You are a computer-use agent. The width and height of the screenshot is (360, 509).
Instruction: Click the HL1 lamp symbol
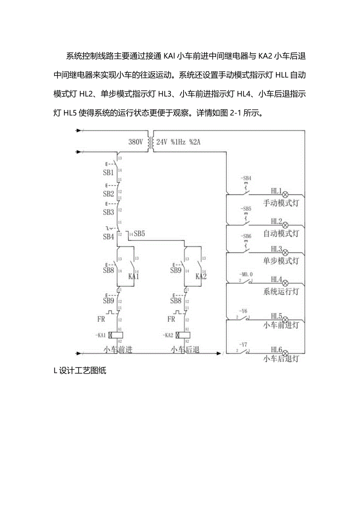(x=285, y=194)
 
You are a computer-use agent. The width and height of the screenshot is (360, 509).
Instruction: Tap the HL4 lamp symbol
(x=285, y=282)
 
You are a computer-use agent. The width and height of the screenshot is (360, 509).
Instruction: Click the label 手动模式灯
(x=281, y=203)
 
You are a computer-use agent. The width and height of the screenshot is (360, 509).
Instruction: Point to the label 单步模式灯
(x=281, y=261)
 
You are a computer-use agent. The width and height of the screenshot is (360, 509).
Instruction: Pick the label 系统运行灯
(x=281, y=291)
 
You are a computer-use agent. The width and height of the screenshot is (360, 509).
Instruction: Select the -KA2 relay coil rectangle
(x=183, y=335)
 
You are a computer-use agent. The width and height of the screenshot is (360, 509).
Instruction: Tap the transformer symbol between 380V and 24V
(x=150, y=141)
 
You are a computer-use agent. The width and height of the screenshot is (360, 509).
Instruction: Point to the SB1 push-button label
(x=108, y=173)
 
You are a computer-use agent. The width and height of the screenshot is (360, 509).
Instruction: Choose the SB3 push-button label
(x=108, y=212)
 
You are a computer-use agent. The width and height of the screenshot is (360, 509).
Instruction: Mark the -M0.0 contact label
(x=246, y=275)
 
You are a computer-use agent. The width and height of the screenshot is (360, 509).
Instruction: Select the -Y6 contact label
(x=244, y=311)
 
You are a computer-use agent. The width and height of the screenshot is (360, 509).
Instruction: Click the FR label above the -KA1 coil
(x=101, y=319)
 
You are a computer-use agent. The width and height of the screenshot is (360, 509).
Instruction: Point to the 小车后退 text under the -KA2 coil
(x=185, y=350)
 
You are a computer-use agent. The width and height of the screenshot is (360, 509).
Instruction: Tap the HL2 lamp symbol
(x=285, y=225)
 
